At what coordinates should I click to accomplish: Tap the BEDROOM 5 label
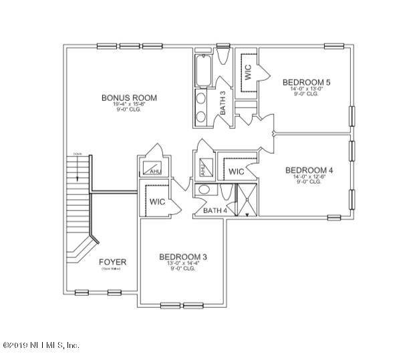(305, 82)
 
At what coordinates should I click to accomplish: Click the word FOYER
(112, 261)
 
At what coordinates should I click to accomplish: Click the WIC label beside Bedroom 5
(247, 73)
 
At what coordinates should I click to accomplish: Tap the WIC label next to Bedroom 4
(236, 172)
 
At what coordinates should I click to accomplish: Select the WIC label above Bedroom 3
(158, 201)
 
